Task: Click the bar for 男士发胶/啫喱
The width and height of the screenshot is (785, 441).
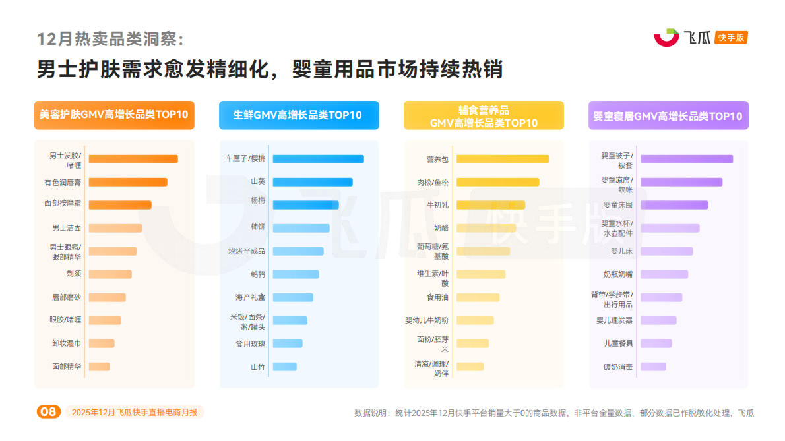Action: tap(133, 159)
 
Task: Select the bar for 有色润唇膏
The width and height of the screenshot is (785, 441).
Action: tap(127, 182)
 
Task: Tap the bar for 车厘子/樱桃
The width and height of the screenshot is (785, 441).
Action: tap(318, 159)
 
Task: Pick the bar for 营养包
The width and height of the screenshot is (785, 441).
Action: tap(502, 159)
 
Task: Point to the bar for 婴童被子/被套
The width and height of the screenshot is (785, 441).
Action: tap(686, 159)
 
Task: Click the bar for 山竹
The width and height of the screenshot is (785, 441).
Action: tap(284, 367)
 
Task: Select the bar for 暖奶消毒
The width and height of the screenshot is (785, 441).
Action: tap(653, 367)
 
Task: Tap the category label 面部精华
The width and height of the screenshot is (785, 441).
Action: tap(67, 367)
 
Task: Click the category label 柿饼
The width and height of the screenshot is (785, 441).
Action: tap(257, 227)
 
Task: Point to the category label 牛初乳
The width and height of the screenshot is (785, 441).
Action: tap(437, 205)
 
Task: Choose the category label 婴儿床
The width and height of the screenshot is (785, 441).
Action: tap(621, 251)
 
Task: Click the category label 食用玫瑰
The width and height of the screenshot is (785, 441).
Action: tap(250, 343)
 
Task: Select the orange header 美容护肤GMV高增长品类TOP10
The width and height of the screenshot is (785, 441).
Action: tap(114, 115)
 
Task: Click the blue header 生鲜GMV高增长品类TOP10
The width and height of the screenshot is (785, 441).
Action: tap(298, 115)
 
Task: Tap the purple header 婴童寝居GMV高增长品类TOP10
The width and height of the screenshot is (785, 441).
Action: tap(668, 116)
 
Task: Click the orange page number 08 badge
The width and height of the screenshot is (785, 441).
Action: tap(49, 412)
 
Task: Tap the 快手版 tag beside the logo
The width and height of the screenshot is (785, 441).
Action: tap(732, 38)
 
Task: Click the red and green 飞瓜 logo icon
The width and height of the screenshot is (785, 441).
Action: tap(666, 38)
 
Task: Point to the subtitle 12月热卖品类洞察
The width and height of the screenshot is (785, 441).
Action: tap(110, 39)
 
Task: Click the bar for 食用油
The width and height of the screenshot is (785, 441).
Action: tap(478, 297)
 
